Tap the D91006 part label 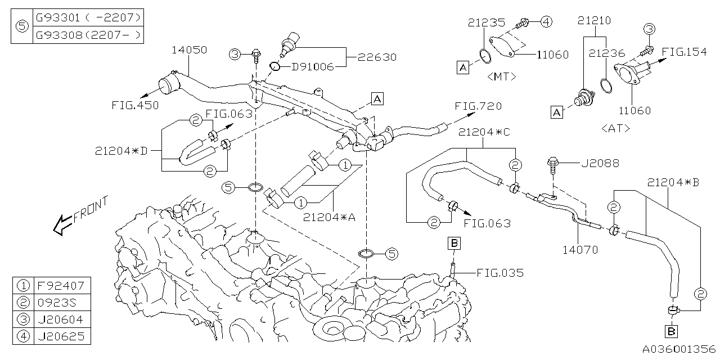click(x=312, y=67)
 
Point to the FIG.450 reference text click(x=135, y=105)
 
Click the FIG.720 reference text click(x=478, y=106)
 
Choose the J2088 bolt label click(x=600, y=164)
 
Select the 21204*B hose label click(x=673, y=182)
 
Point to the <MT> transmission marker click(x=502, y=76)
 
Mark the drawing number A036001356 click(x=679, y=349)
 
